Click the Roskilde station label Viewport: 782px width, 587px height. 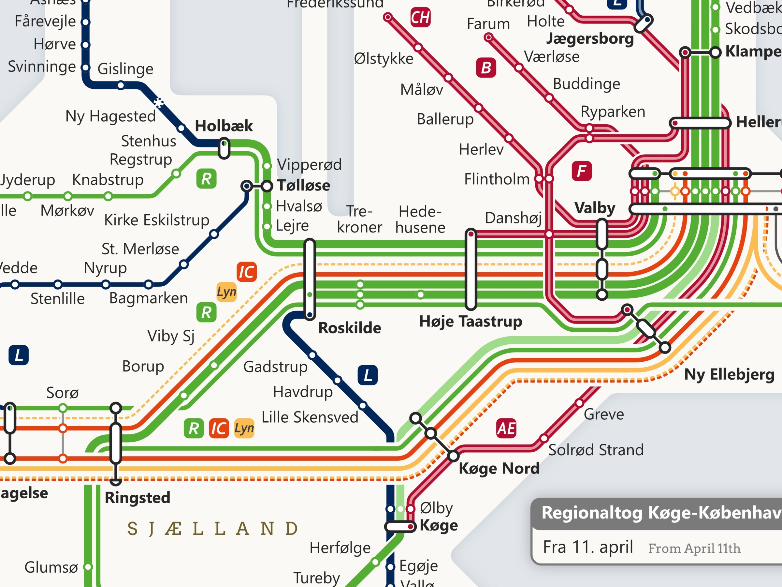point(349,328)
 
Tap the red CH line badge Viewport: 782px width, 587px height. point(420,17)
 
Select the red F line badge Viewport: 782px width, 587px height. point(582,171)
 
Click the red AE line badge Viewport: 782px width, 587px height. point(506,429)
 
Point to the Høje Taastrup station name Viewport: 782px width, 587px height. point(470,322)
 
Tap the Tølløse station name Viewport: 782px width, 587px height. point(303,186)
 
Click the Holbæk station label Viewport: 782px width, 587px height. point(224,126)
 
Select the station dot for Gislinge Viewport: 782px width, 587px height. point(121,85)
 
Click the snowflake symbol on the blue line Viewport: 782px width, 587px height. point(159,103)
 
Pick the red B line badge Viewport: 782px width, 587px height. point(486,68)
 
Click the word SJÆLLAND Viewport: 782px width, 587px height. point(212,529)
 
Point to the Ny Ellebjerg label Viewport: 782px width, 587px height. point(729,374)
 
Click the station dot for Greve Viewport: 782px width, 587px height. point(579,403)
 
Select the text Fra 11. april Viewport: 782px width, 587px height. point(587,547)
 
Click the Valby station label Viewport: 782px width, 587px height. point(595,208)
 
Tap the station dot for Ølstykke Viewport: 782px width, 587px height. point(418,47)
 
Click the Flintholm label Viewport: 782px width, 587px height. point(496,179)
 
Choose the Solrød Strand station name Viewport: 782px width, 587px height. point(596,450)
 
